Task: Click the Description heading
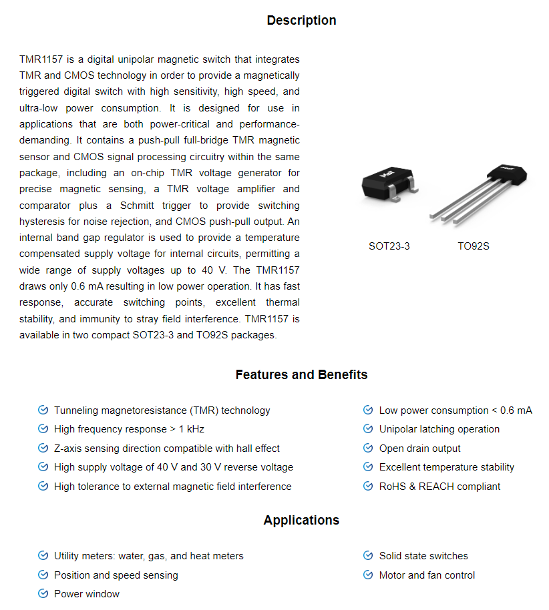(x=301, y=21)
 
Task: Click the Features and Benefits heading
(x=301, y=375)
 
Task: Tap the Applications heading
(x=301, y=521)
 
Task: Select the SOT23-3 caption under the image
(x=389, y=246)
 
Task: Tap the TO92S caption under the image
(x=474, y=246)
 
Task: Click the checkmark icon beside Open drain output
(x=367, y=448)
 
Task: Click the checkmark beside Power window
(x=43, y=593)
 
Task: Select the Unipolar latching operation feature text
(x=439, y=429)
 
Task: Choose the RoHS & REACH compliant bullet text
(x=439, y=487)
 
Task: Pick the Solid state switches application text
(x=423, y=556)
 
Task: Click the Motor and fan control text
(x=427, y=575)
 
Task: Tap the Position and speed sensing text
(x=116, y=575)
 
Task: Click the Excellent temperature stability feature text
(x=447, y=467)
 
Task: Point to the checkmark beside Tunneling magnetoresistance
(x=43, y=410)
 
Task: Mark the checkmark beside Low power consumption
(x=367, y=410)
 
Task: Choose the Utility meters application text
(x=148, y=556)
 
